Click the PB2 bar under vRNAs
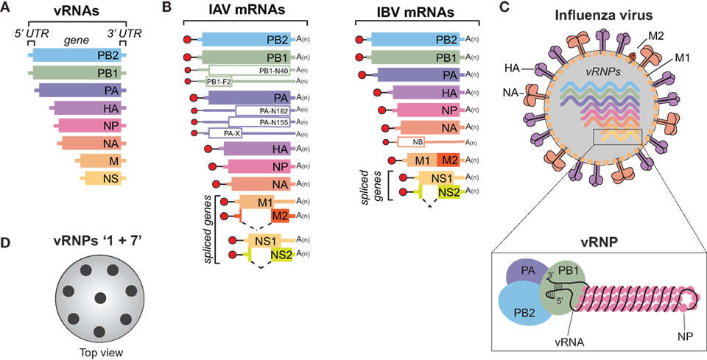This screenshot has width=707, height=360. (x=77, y=55)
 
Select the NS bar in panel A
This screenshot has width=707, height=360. (x=103, y=179)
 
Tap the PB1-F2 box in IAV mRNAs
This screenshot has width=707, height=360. (x=219, y=82)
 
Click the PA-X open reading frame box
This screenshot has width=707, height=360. (x=222, y=133)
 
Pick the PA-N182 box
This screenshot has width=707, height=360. (x=262, y=110)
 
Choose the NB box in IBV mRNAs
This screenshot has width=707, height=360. (x=411, y=142)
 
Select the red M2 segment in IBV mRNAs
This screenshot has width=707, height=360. (x=449, y=160)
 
